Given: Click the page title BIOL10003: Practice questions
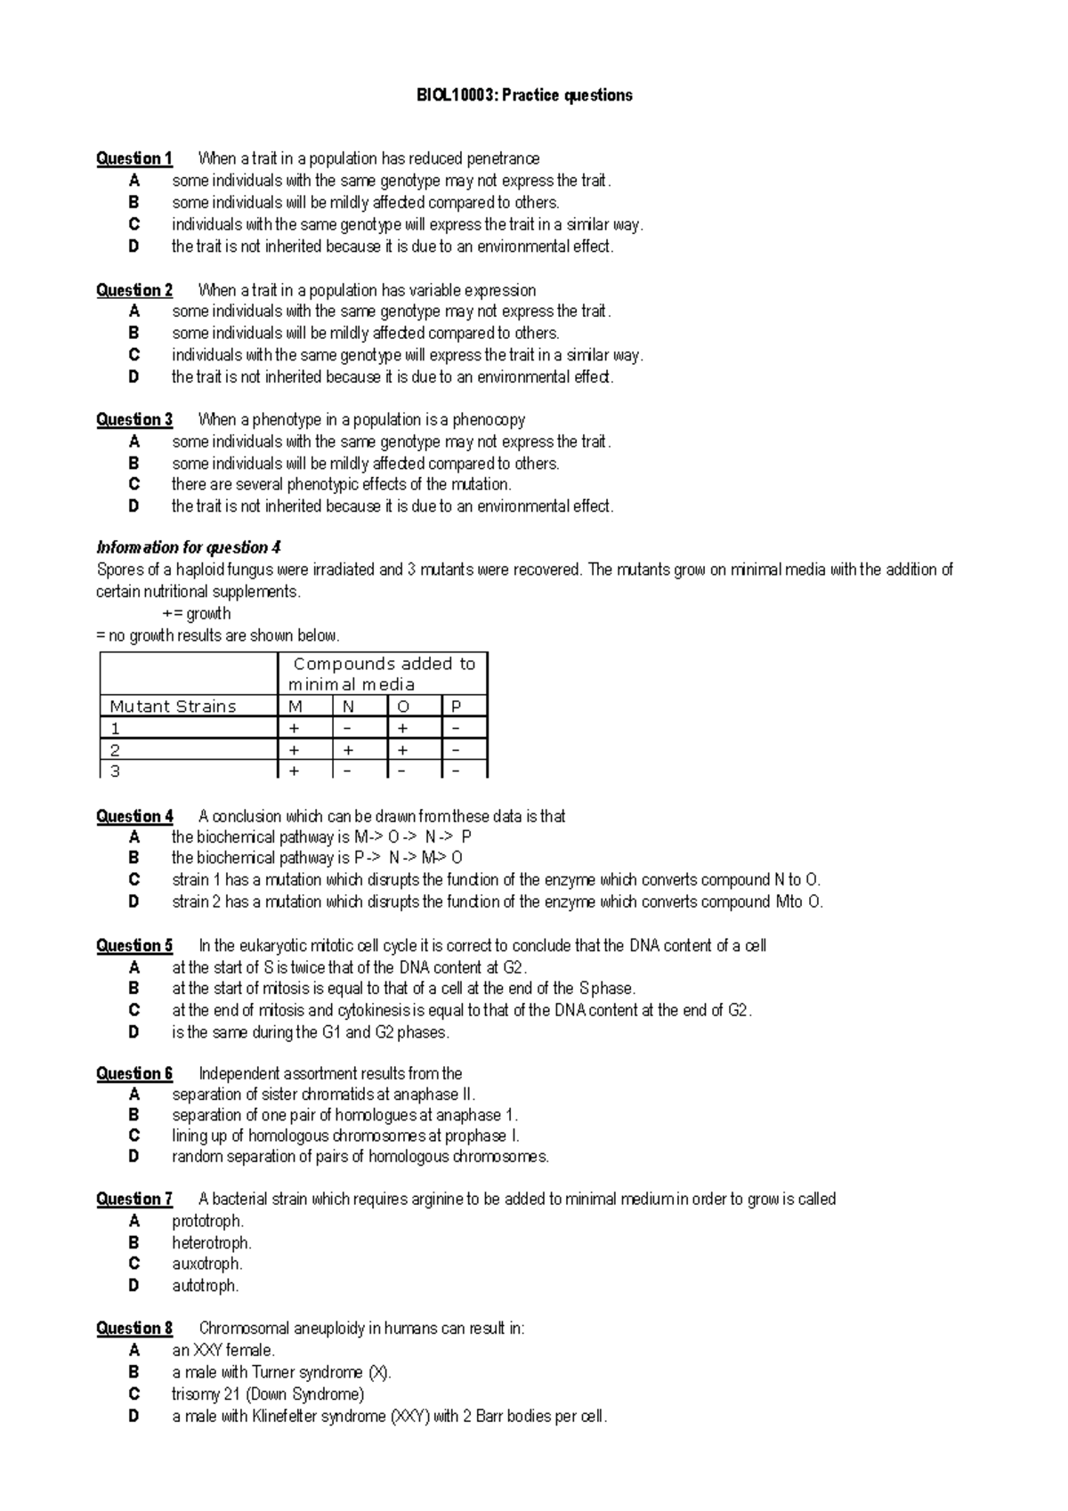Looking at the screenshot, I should [x=524, y=95].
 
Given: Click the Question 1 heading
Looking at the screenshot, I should [x=134, y=159].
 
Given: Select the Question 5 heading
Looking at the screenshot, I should [x=134, y=946].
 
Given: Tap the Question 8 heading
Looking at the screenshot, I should [x=134, y=1329].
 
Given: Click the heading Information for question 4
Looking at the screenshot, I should [x=189, y=547].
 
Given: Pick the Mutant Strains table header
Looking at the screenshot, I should [x=173, y=707].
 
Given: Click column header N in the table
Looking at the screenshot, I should [x=348, y=707].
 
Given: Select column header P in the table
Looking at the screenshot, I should [x=456, y=707].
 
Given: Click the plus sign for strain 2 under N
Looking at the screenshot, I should [x=348, y=750].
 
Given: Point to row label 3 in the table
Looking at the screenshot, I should [x=115, y=771].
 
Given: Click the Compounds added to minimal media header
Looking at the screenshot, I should [x=383, y=674].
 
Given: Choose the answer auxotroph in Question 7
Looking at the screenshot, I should [x=206, y=1264].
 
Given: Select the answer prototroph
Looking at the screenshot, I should [x=207, y=1221].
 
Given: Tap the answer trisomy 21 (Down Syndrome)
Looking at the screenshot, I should [x=268, y=1394].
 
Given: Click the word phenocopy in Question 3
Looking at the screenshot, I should [x=488, y=419].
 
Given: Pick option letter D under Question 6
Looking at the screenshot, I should [x=133, y=1157].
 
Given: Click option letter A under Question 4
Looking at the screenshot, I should [x=133, y=837].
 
